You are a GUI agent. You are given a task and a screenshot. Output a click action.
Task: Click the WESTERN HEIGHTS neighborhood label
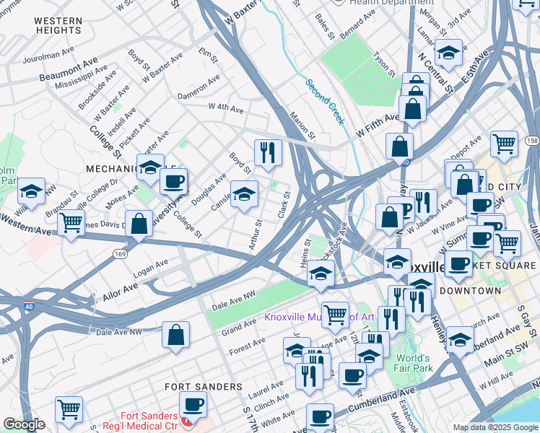(x=57, y=25)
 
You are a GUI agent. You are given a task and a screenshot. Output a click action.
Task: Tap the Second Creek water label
(x=324, y=101)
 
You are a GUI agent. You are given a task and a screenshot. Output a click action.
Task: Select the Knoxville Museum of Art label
(x=318, y=317)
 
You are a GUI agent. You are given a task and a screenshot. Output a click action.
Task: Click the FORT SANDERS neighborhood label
(x=203, y=387)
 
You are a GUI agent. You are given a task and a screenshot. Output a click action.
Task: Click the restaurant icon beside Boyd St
(x=267, y=152)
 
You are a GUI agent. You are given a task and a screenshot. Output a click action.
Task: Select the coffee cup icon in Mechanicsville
(x=173, y=181)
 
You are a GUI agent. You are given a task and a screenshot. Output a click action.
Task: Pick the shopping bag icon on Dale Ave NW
(x=175, y=334)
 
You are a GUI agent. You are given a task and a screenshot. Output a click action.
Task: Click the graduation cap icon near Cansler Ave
(x=244, y=193)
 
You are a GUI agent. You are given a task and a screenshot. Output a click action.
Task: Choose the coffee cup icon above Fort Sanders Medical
(x=193, y=405)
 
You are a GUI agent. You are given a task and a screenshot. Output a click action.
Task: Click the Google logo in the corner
(x=24, y=424)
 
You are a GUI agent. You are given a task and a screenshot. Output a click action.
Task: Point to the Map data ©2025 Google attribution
(x=495, y=427)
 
